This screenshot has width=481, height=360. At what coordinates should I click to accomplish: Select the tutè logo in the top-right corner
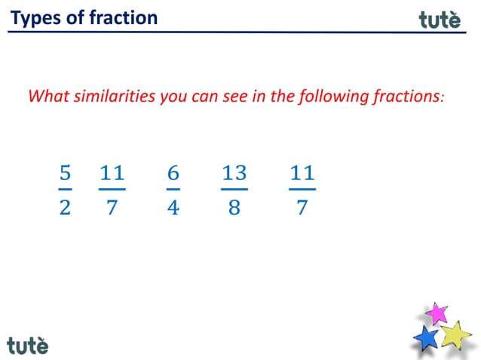pos(440,20)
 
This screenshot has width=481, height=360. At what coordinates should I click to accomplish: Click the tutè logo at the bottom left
pos(28,345)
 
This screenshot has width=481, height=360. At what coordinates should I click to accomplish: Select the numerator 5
pos(65,173)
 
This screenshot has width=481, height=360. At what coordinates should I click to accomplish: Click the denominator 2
pos(65,208)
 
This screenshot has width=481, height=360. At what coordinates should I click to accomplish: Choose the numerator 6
pos(173,173)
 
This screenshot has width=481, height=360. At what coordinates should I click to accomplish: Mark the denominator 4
pos(173,208)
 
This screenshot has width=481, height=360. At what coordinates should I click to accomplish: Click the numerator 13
pos(234,173)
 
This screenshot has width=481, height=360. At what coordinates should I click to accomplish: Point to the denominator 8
pos(234,208)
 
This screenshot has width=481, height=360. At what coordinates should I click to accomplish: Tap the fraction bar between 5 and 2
pos(65,189)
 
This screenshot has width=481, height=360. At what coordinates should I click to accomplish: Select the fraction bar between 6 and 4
pos(173,189)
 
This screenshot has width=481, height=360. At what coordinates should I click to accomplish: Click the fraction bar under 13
pos(234,189)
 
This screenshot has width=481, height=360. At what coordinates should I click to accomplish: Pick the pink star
pos(435,313)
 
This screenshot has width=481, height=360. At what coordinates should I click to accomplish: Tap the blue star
pos(427,338)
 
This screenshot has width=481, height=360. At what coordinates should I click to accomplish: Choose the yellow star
pos(455,334)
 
